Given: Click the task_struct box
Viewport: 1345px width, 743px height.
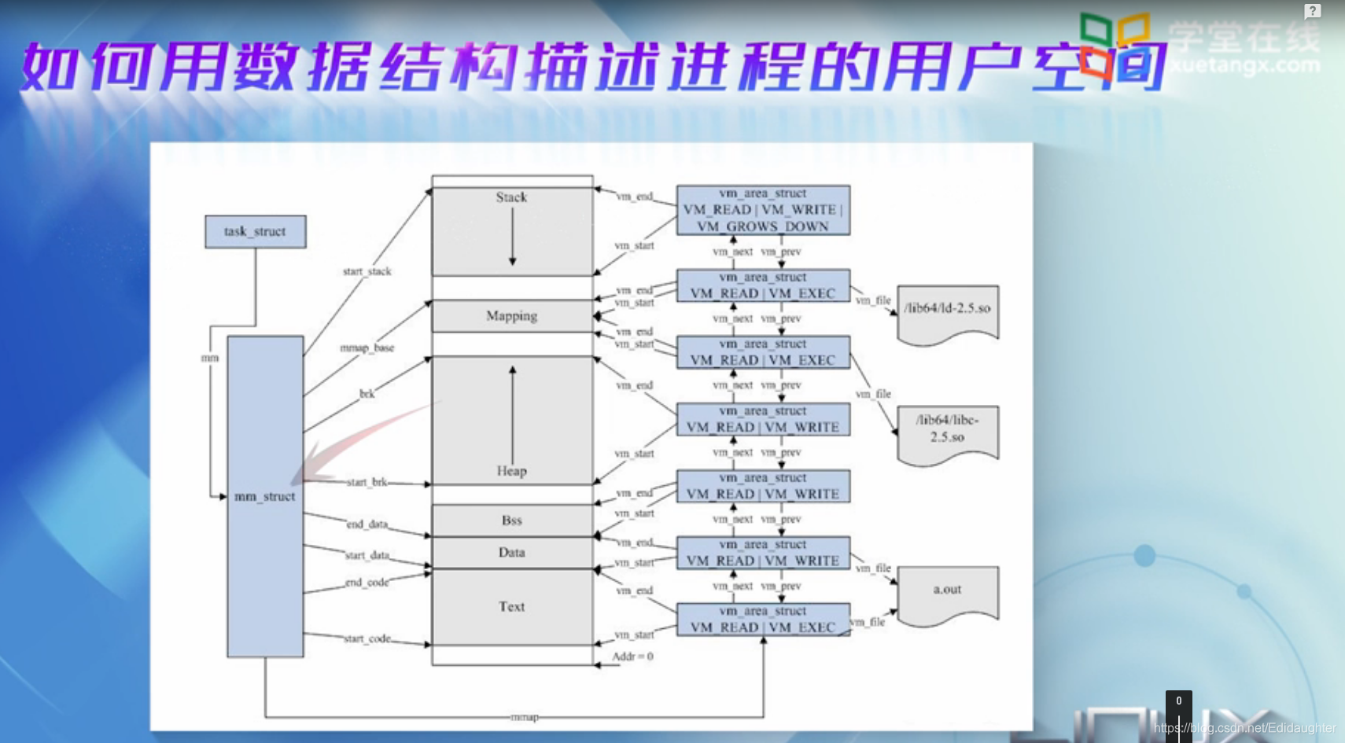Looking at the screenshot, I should [255, 232].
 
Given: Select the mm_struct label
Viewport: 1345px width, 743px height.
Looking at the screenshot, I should [265, 497].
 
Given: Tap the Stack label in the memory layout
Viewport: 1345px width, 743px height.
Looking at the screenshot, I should [511, 197].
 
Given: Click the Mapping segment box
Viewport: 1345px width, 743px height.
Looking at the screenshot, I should [512, 316].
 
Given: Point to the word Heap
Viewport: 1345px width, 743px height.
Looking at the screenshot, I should [511, 471].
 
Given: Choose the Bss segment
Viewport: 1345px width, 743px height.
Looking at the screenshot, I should [512, 520].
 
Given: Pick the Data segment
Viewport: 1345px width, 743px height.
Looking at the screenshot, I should [512, 553].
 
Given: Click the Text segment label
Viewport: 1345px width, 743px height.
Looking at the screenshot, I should [511, 607].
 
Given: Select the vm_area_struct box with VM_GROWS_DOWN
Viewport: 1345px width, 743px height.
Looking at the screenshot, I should [763, 211].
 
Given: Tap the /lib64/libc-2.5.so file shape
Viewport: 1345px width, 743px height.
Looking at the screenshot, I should [948, 431].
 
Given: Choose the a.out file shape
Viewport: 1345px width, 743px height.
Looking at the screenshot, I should [948, 593].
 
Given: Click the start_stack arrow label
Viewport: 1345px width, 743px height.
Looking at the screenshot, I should [367, 272].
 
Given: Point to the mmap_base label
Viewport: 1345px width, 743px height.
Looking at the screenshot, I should [367, 348].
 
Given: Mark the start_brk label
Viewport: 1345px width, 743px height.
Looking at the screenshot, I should [367, 482].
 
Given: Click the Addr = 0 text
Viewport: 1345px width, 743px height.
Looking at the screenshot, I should [632, 657].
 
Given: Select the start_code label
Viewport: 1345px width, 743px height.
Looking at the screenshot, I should [367, 639].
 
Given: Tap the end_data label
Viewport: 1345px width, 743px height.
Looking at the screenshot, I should [367, 524].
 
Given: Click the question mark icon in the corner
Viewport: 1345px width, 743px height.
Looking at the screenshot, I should [1312, 11].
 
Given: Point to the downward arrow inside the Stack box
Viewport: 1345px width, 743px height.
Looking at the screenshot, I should [512, 236].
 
